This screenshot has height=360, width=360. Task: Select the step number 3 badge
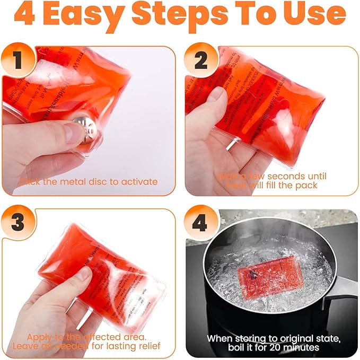coord(18,223)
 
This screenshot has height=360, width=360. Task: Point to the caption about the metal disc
coord(88,182)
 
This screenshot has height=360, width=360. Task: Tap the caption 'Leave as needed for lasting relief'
coord(88,347)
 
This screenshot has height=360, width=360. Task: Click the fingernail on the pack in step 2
coord(216,94)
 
